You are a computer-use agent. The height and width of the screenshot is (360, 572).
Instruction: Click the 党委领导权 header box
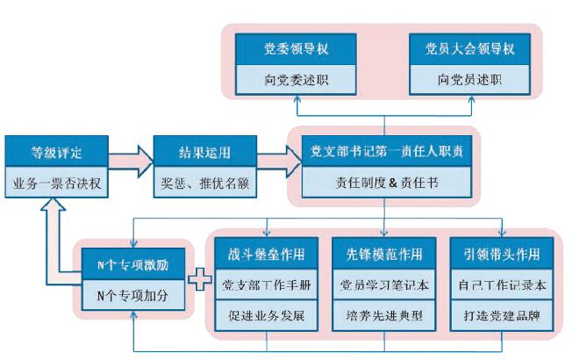tap(297, 48)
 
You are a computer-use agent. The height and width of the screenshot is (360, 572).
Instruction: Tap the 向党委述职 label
tap(297, 79)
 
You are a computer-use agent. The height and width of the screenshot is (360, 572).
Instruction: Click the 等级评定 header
tap(56, 152)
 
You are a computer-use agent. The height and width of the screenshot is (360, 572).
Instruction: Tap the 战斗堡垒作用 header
tap(264, 255)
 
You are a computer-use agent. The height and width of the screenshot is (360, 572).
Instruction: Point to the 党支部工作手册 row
tap(264, 285)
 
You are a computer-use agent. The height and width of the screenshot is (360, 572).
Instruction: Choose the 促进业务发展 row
tap(264, 314)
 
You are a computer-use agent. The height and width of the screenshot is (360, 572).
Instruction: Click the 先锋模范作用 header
tap(384, 255)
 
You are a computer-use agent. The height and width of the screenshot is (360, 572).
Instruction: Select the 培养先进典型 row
tap(384, 314)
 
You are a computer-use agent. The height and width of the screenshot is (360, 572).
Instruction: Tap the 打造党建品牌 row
tap(501, 314)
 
